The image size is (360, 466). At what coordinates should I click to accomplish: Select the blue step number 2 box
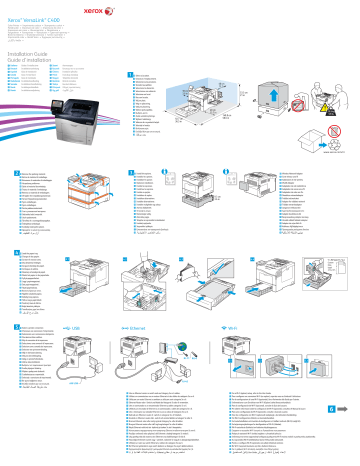[x=11, y=173]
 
